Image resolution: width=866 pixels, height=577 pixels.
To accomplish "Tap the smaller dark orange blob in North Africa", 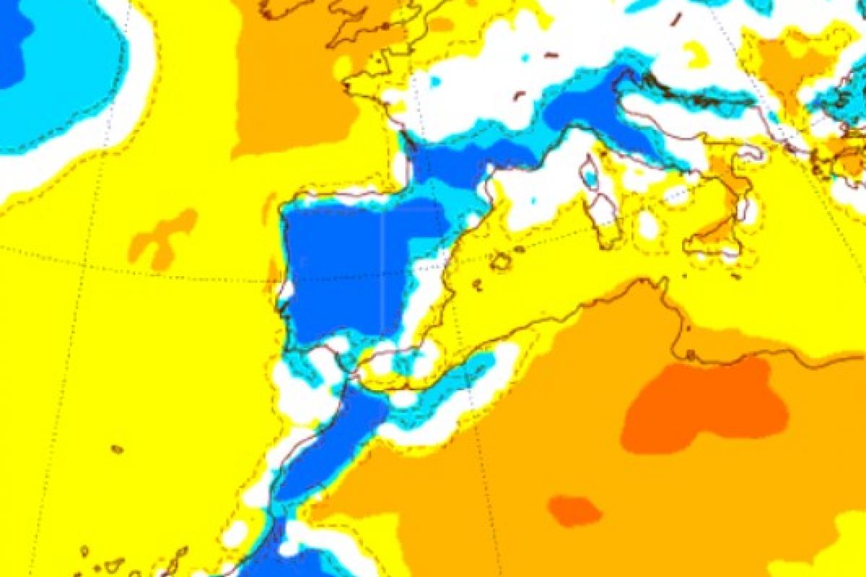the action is (x=574, y=511).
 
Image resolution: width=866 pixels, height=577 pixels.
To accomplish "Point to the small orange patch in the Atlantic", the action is (x=162, y=238).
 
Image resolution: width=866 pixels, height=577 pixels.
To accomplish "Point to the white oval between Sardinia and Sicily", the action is (x=648, y=226).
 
